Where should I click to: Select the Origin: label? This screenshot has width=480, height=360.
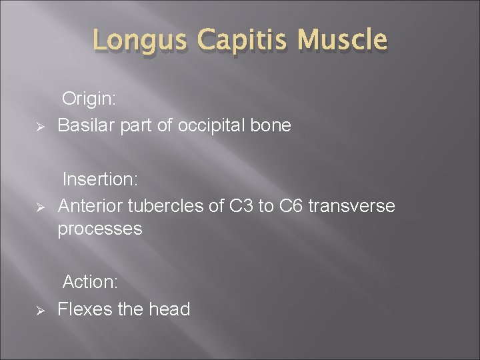click(89, 99)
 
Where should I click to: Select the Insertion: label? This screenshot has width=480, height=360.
click(98, 179)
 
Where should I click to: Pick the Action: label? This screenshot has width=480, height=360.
click(90, 282)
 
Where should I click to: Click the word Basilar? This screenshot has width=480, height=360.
click(83, 125)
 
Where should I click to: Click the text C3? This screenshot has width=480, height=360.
click(241, 206)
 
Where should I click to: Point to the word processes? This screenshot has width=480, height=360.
click(99, 229)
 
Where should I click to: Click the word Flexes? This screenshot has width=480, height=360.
click(84, 309)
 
